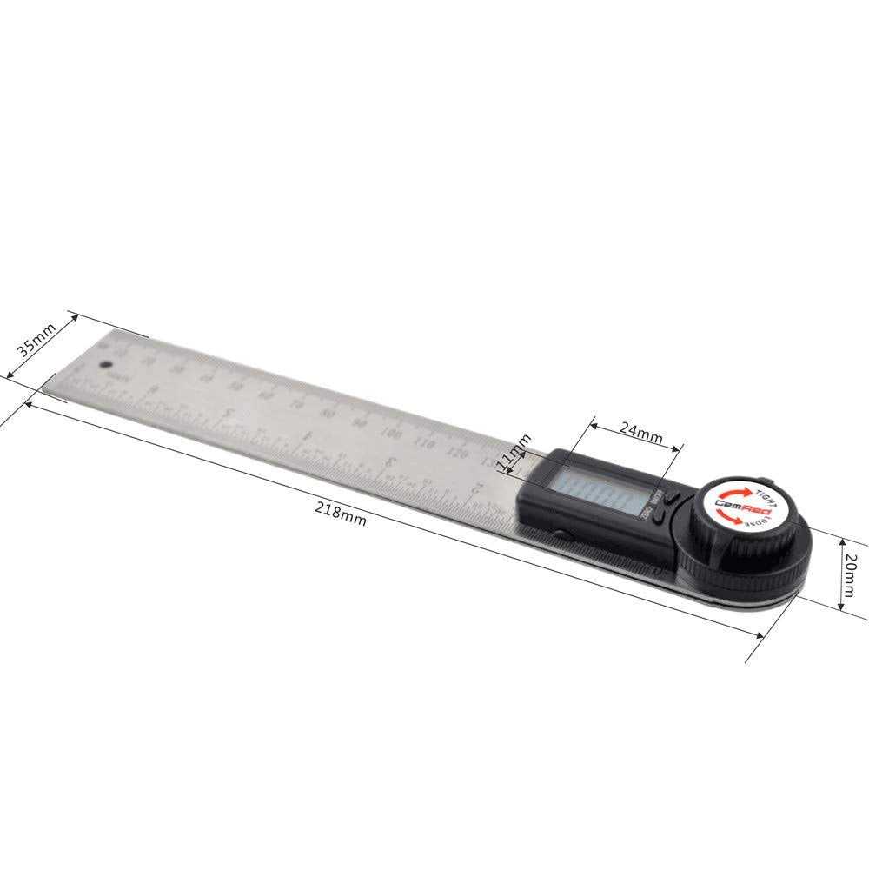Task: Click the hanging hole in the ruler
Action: point(107,366)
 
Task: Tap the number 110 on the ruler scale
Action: point(424,443)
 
